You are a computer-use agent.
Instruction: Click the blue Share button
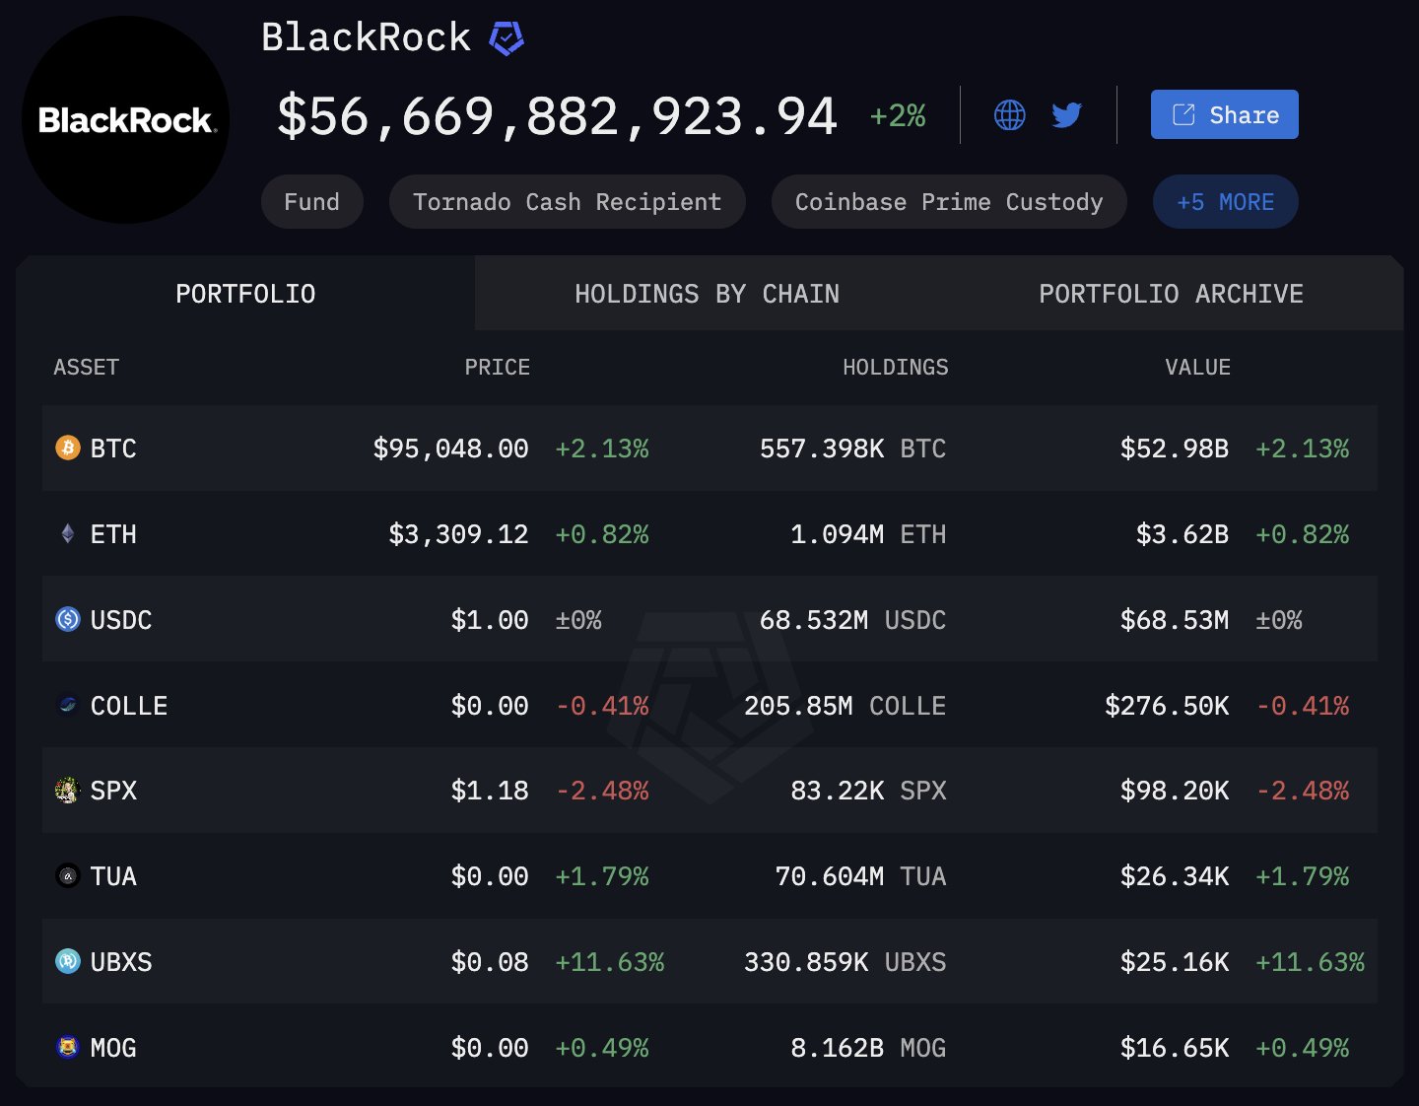pyautogui.click(x=1224, y=114)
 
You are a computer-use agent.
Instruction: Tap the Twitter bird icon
pyautogui.click(x=1066, y=115)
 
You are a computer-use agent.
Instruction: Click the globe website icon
pyautogui.click(x=1009, y=115)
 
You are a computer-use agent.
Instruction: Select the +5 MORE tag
pyautogui.click(x=1225, y=202)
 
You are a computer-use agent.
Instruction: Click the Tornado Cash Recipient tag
pyautogui.click(x=567, y=202)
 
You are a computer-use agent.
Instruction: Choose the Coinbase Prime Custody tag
pyautogui.click(x=948, y=202)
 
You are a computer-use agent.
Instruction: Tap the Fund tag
pyautogui.click(x=311, y=202)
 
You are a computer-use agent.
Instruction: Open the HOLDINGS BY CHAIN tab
pyautogui.click(x=707, y=294)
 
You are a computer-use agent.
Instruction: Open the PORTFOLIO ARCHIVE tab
pyautogui.click(x=1171, y=294)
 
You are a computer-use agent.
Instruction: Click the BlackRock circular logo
pyautogui.click(x=126, y=120)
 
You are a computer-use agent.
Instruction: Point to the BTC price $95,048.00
pyautogui.click(x=450, y=449)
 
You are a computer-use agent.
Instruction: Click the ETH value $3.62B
pyautogui.click(x=1182, y=534)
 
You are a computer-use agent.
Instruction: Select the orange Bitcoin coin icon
pyautogui.click(x=67, y=449)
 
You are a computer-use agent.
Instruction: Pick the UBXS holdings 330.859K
pyautogui.click(x=806, y=962)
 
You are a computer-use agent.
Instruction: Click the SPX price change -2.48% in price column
pyautogui.click(x=602, y=791)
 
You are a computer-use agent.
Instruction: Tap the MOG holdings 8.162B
pyautogui.click(x=837, y=1048)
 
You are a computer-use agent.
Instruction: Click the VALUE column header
pyautogui.click(x=1197, y=367)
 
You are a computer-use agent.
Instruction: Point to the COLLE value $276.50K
pyautogui.click(x=1167, y=706)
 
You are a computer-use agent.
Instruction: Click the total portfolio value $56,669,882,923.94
pyautogui.click(x=557, y=116)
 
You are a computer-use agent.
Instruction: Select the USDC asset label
pyautogui.click(x=120, y=620)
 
